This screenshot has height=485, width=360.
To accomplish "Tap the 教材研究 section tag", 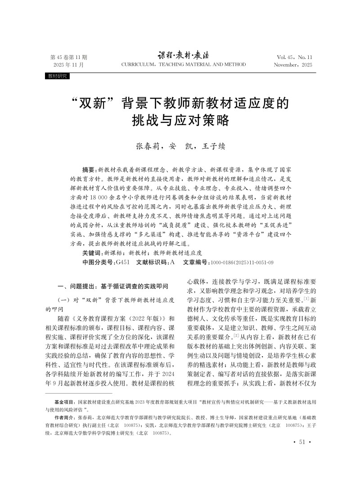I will [x=57, y=77].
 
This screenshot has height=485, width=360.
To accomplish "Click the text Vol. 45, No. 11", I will [x=295, y=57].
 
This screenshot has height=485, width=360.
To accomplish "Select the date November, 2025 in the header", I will [x=293, y=65].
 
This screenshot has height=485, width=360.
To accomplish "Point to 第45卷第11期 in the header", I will [x=68, y=57].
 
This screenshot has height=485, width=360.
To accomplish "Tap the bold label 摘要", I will [x=89, y=168].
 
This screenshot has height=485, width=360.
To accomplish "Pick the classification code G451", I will [x=122, y=262].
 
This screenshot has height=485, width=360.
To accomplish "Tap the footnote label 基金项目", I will [x=65, y=413].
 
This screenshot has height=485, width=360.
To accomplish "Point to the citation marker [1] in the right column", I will [x=306, y=299].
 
